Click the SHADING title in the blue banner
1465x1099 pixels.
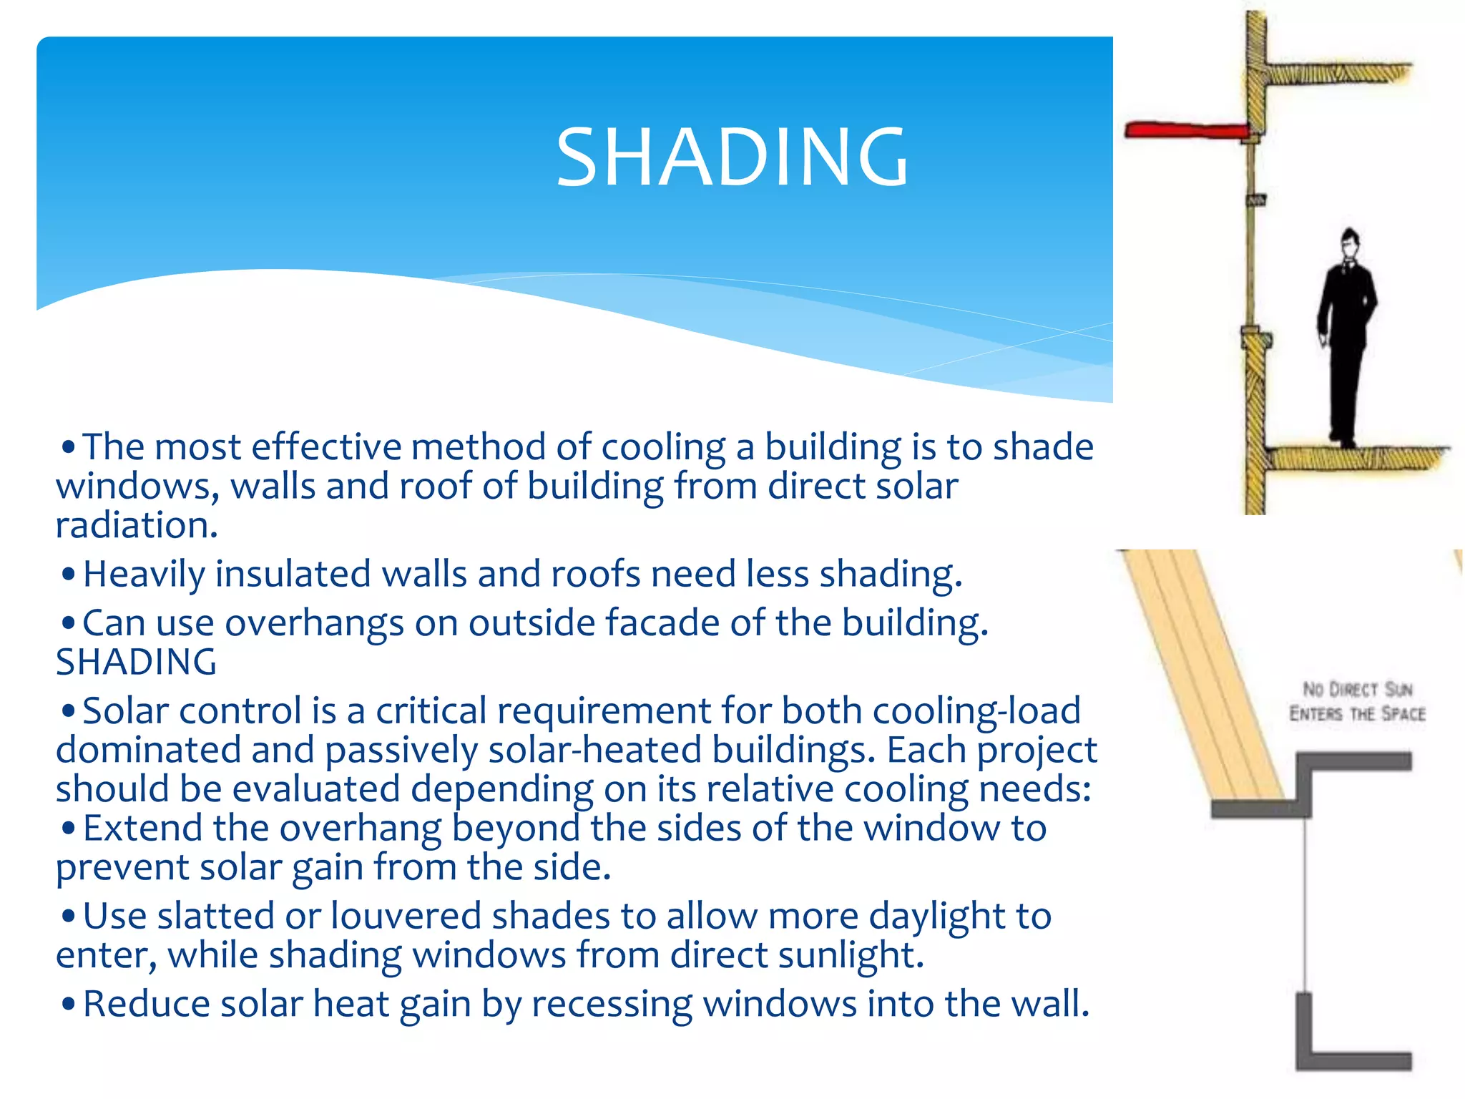(732, 157)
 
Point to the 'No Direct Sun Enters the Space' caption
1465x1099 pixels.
(1357, 702)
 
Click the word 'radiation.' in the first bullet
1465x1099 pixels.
(137, 525)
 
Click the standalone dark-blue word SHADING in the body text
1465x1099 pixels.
(136, 662)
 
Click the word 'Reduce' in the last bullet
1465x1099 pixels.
(145, 1004)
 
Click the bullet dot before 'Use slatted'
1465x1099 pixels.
(69, 917)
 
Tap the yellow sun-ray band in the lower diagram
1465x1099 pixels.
(1209, 680)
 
